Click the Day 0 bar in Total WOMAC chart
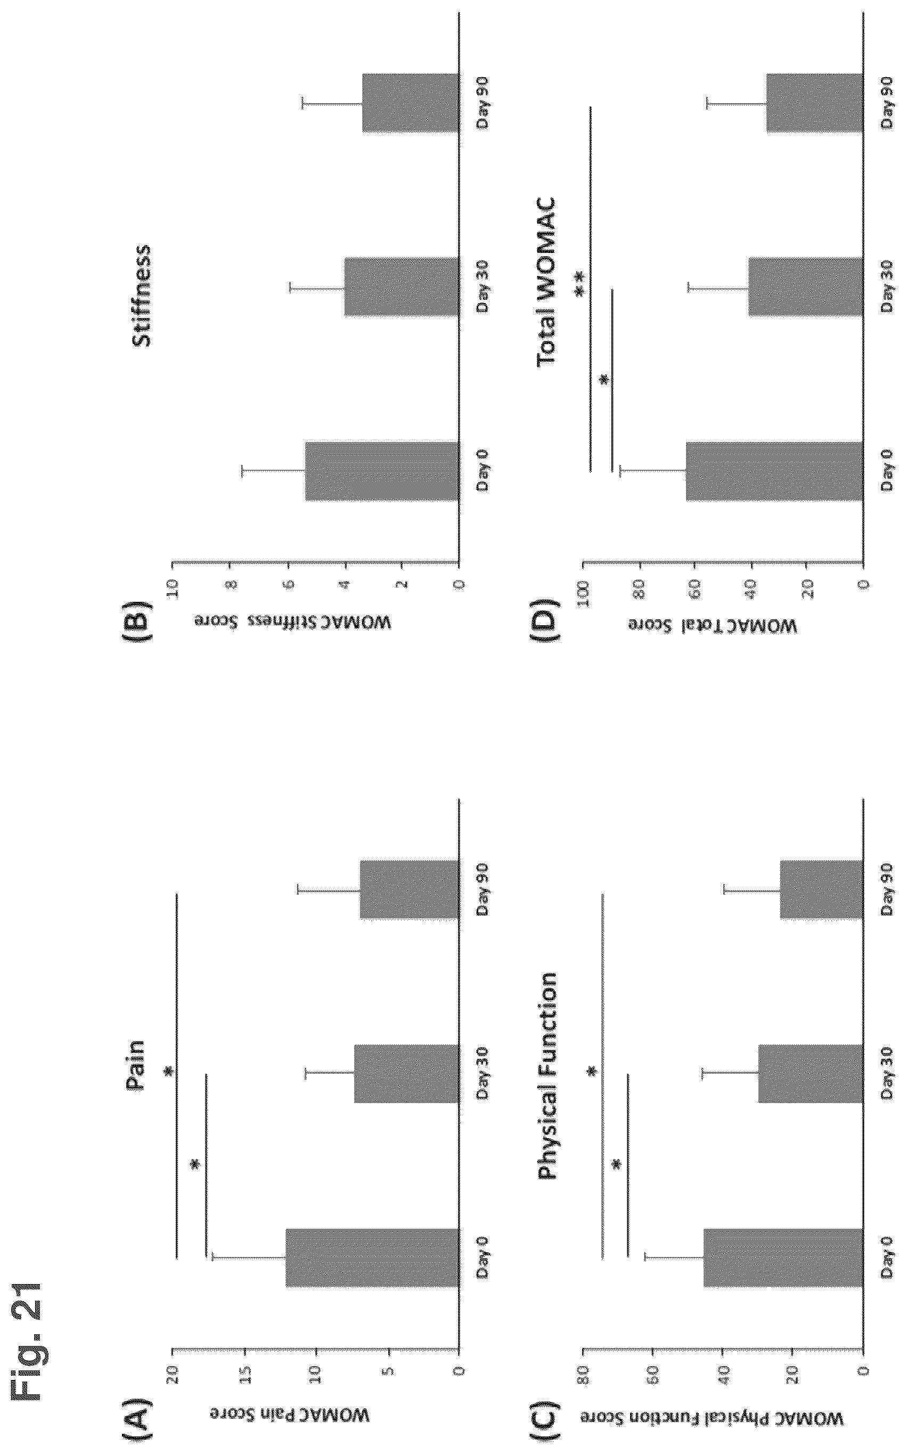point(774,471)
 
